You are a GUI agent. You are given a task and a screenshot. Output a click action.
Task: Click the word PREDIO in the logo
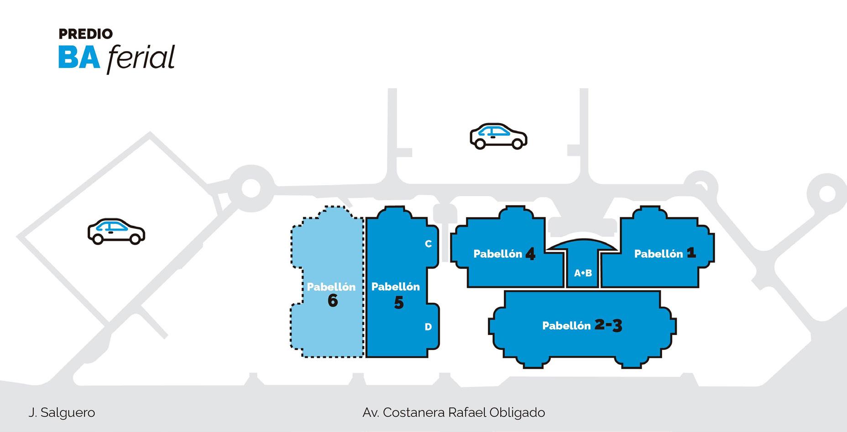(85, 34)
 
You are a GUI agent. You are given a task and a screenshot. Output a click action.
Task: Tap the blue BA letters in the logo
(79, 58)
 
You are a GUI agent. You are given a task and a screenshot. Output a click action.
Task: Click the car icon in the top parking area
(498, 136)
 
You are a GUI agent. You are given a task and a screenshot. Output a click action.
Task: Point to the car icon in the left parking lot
(116, 231)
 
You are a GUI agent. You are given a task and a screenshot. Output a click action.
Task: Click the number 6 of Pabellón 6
(333, 301)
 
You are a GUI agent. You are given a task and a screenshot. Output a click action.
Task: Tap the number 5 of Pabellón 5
(399, 303)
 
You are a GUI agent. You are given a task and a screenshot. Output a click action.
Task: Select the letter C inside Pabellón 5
(428, 244)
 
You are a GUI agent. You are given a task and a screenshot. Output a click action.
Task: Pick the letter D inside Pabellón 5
(428, 327)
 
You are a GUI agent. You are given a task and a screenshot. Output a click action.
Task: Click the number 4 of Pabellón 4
(530, 254)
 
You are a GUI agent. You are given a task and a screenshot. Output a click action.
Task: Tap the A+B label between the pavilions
(583, 273)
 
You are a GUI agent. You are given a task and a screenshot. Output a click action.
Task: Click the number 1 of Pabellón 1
(691, 253)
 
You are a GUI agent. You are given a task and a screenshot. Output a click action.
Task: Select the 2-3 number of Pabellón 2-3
(608, 325)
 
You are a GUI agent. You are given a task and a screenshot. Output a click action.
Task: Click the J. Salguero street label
(62, 413)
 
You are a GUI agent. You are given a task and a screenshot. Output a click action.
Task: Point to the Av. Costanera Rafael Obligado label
(454, 413)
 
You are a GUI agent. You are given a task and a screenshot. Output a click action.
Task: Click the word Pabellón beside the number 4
(497, 254)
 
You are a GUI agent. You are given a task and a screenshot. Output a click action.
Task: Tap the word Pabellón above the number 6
(331, 287)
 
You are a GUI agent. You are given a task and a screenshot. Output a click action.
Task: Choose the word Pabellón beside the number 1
(659, 254)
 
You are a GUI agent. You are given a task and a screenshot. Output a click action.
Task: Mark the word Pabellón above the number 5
(395, 287)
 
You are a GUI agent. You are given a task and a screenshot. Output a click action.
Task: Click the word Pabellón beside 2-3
(566, 326)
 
